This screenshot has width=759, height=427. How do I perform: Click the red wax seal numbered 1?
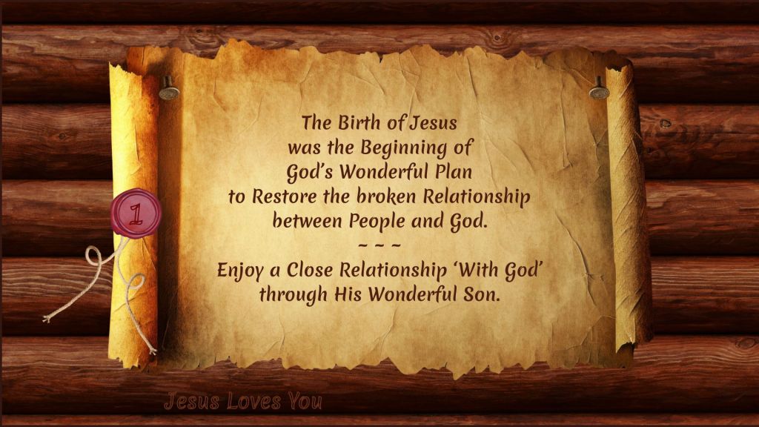pyautogui.click(x=136, y=213)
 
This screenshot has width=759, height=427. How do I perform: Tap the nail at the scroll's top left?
pyautogui.click(x=168, y=89)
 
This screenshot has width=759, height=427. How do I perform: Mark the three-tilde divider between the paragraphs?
pyautogui.click(x=379, y=245)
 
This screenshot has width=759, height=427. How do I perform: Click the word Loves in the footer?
pyautogui.click(x=253, y=401)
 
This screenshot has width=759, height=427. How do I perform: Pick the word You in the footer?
pyautogui.click(x=305, y=401)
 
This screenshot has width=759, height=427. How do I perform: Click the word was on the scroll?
pyautogui.click(x=305, y=148)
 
